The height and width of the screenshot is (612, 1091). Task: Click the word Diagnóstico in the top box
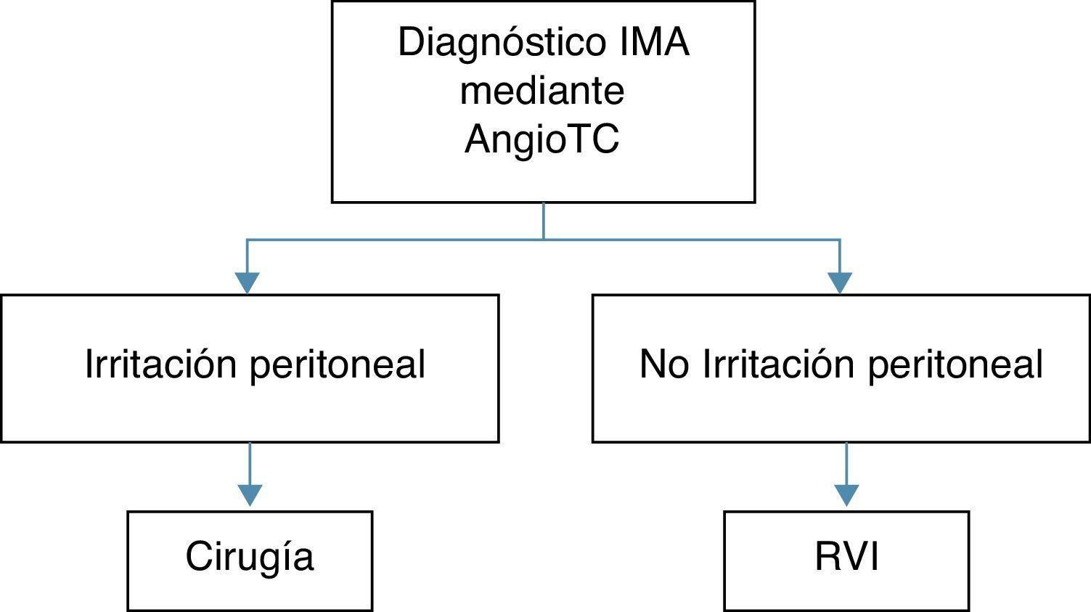point(492,43)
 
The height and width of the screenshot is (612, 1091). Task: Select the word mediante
point(542,91)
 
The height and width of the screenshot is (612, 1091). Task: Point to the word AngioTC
point(542,139)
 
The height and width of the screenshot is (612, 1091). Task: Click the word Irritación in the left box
point(161,364)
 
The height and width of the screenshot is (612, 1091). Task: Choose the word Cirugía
point(250,558)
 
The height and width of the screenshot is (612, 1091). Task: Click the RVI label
point(846,558)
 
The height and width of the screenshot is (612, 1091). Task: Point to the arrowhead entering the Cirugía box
point(250,495)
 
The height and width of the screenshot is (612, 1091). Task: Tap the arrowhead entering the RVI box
point(846,495)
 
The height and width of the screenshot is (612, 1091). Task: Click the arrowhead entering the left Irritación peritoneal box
point(247,282)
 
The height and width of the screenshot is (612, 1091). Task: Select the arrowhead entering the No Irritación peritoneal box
point(840,282)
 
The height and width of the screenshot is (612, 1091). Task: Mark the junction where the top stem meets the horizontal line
point(544,239)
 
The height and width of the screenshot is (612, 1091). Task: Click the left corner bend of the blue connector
point(247,240)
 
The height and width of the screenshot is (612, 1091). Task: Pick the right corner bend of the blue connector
point(840,240)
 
